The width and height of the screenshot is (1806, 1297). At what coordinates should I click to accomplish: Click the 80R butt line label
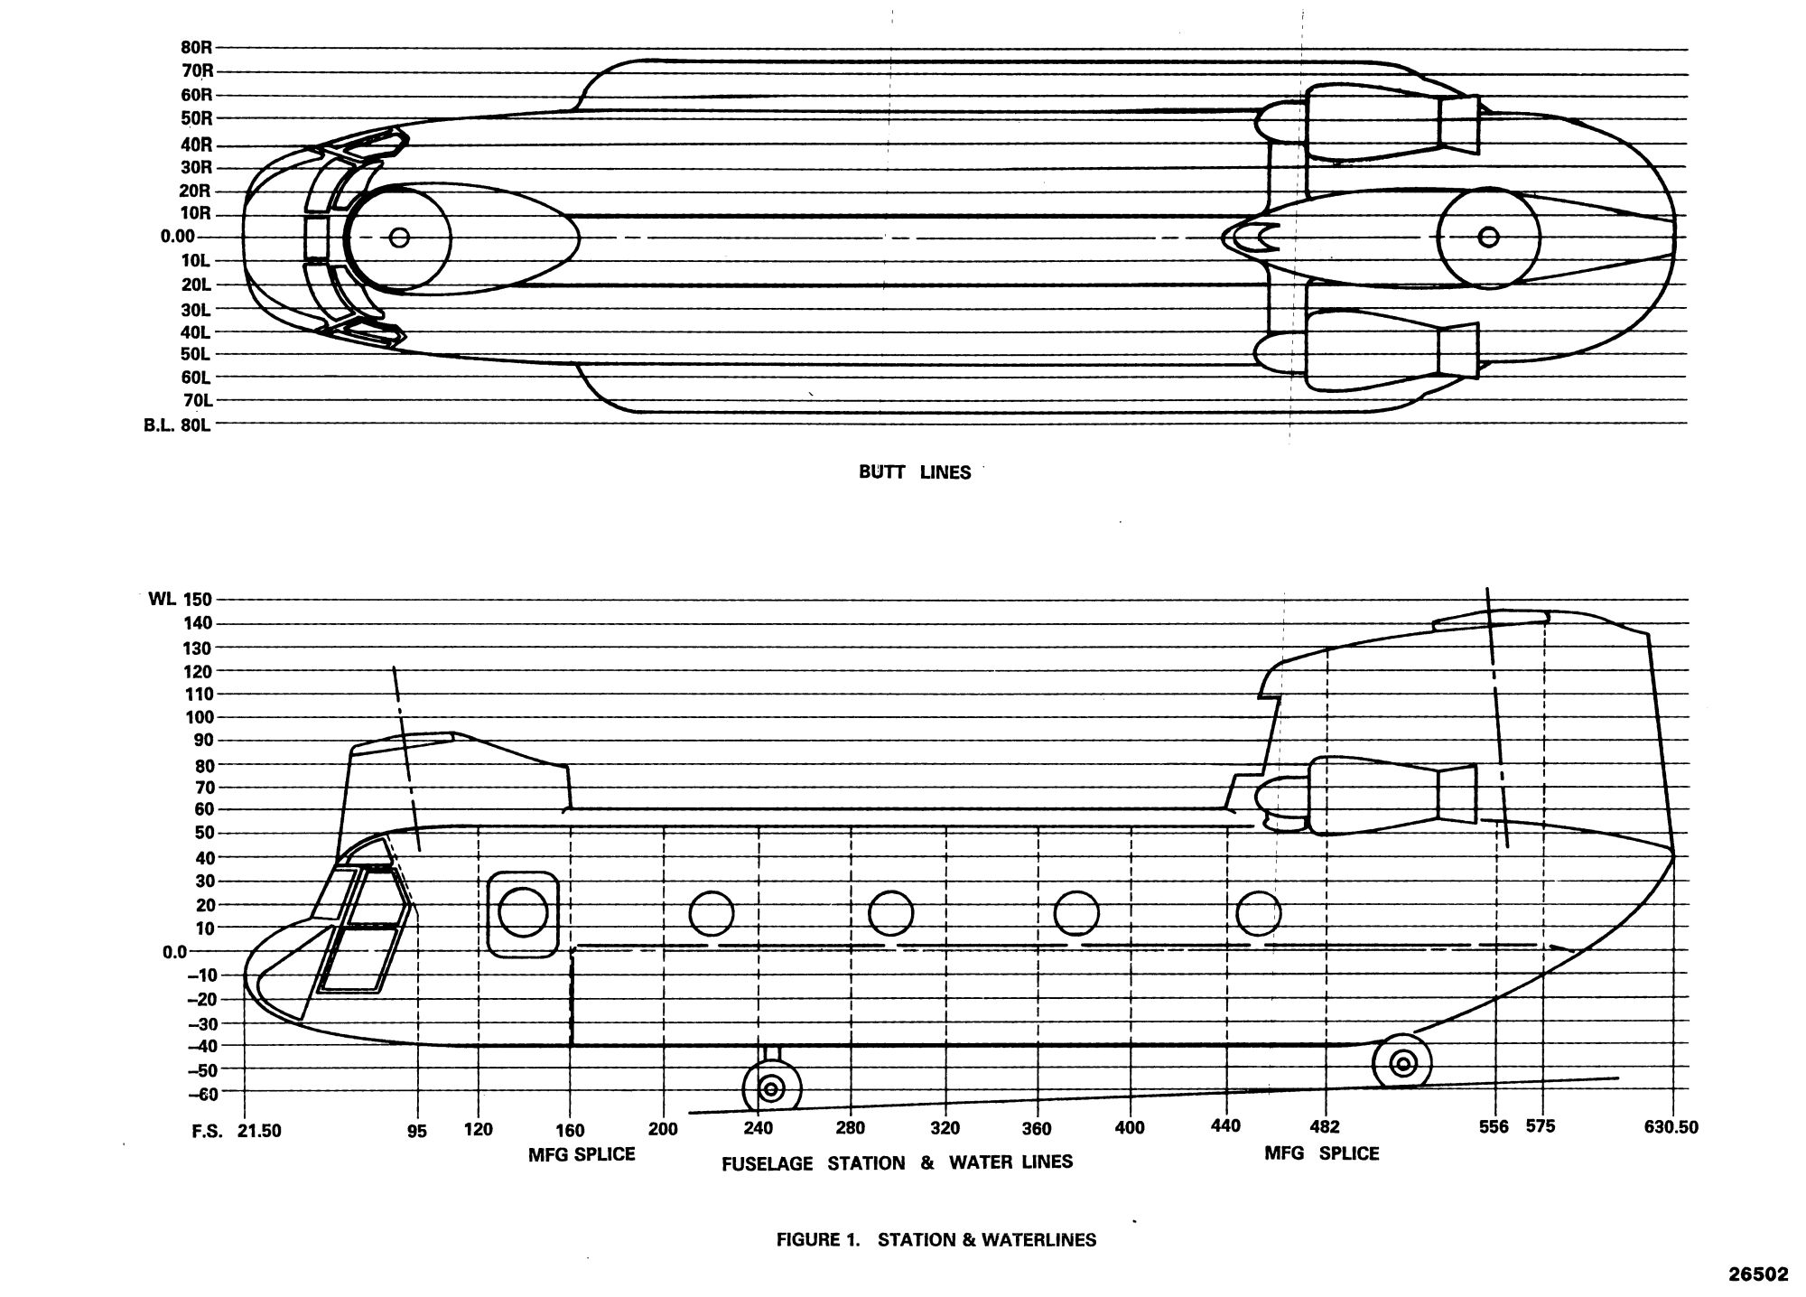(195, 48)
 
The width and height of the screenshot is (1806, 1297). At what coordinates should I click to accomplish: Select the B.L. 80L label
(177, 424)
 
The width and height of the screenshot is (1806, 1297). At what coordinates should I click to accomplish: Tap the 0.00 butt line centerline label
(178, 237)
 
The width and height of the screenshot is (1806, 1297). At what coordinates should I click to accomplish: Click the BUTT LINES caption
(915, 472)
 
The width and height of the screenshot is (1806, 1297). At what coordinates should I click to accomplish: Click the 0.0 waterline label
(175, 952)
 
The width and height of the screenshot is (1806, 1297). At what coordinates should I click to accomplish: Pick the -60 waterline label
(203, 1095)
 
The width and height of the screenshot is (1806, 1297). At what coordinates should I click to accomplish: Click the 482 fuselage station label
(1325, 1128)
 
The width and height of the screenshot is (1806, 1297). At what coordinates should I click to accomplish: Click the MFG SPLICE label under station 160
(582, 1154)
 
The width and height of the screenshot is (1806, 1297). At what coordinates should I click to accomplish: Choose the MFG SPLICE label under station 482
(1322, 1153)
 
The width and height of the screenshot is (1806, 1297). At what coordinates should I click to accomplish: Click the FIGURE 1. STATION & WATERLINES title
(936, 1240)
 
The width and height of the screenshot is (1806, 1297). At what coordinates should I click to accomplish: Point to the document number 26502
(1758, 1274)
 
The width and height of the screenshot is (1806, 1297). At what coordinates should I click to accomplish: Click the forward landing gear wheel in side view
(771, 1088)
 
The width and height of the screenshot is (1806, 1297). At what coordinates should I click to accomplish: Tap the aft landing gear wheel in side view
(1401, 1063)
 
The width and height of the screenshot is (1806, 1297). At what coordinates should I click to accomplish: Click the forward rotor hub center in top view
(399, 238)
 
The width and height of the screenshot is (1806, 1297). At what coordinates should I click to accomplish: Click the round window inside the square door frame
(523, 912)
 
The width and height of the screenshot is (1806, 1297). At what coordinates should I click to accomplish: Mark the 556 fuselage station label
(1494, 1127)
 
